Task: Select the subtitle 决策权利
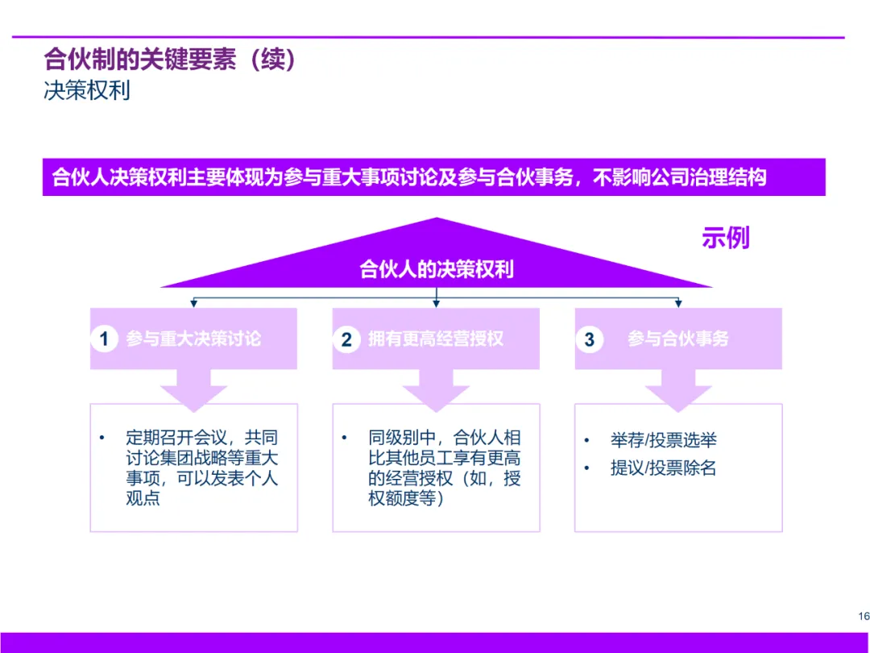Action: (87, 89)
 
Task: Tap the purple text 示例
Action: (725, 238)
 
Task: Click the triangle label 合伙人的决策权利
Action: (436, 269)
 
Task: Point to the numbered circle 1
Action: (104, 339)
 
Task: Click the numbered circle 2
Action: (346, 339)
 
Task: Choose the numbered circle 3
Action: (589, 339)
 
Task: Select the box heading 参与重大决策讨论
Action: (193, 339)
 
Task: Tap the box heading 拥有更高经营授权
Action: (436, 339)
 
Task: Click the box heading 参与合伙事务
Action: (678, 339)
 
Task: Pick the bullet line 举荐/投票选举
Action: (663, 440)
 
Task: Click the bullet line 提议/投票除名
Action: (663, 468)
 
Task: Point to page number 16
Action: (864, 617)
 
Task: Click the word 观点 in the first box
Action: (143, 498)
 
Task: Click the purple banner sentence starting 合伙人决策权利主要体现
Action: (408, 177)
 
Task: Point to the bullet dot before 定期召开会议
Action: (101, 438)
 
